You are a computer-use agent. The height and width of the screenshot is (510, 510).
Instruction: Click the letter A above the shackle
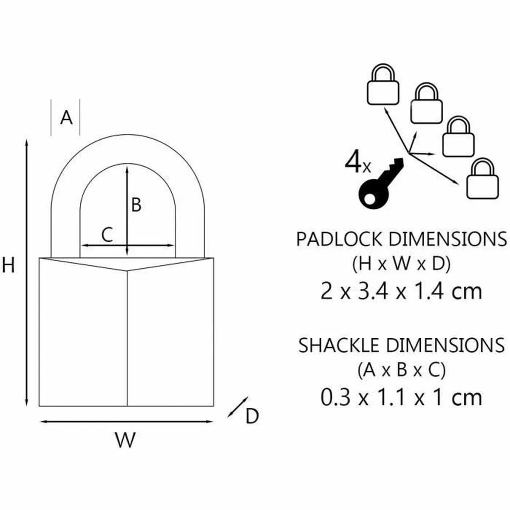[x=66, y=117]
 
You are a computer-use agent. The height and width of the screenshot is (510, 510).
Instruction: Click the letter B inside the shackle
[x=136, y=205]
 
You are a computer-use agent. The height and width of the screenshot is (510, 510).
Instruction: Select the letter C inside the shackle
[x=108, y=235]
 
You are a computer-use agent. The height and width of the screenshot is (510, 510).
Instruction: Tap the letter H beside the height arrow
[x=8, y=266]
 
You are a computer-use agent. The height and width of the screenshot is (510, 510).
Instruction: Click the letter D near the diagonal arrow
[x=252, y=416]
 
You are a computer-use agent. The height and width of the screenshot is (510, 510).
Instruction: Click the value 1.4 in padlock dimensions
[x=435, y=292]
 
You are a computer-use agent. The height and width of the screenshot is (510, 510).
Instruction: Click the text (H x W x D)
[x=401, y=265]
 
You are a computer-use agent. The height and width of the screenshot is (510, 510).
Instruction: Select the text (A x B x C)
[x=401, y=371]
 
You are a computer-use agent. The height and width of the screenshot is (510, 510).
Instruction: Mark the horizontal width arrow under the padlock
[x=126, y=422]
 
